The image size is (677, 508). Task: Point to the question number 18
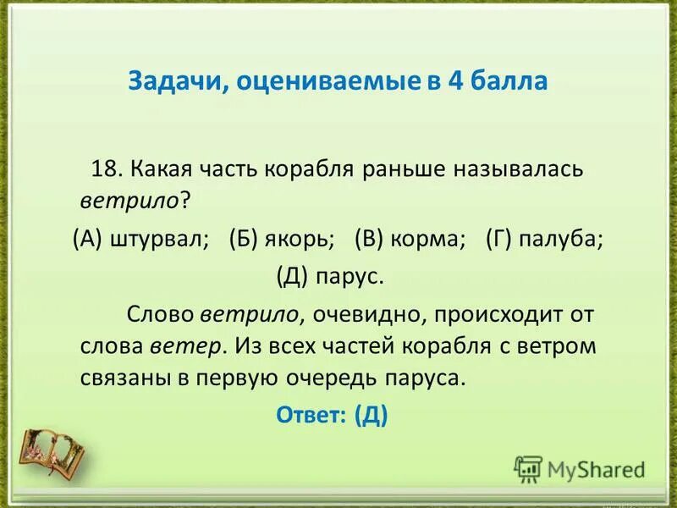pos(107,168)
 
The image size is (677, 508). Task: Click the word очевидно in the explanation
pos(368,315)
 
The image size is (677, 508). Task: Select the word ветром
pos(559,345)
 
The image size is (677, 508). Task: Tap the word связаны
pos(126,378)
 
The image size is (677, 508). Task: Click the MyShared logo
pos(580,468)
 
